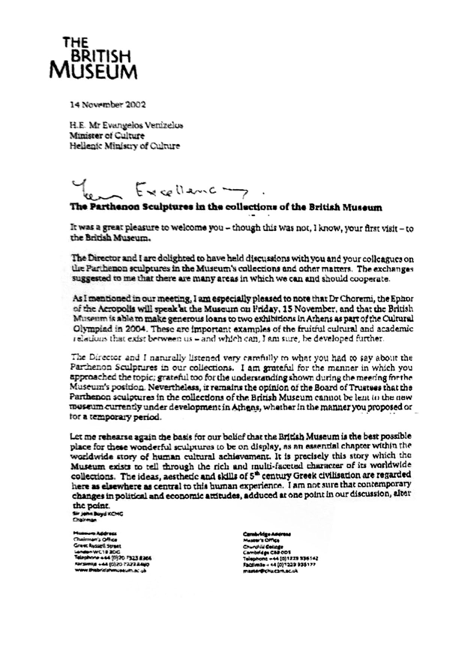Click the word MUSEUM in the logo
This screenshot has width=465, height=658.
pyautogui.click(x=94, y=71)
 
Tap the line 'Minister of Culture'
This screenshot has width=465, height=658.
pyautogui.click(x=107, y=135)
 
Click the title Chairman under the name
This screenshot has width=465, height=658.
pyautogui.click(x=84, y=521)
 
